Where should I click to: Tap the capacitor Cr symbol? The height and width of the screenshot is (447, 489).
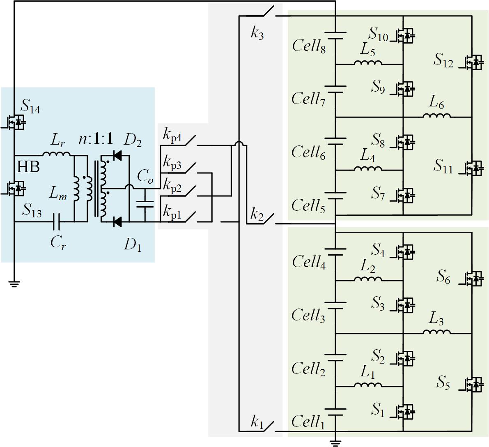57,222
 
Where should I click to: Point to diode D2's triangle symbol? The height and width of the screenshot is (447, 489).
117,155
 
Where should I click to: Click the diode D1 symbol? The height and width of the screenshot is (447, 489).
117,222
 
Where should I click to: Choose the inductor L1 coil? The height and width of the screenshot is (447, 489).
368,385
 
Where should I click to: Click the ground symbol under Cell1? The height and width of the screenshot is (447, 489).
335,443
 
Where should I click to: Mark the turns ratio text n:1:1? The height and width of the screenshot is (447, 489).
95,139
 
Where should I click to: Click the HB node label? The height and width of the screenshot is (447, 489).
28,167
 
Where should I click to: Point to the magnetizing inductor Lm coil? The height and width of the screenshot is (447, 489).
76,189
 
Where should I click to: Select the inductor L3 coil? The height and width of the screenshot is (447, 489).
436,332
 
